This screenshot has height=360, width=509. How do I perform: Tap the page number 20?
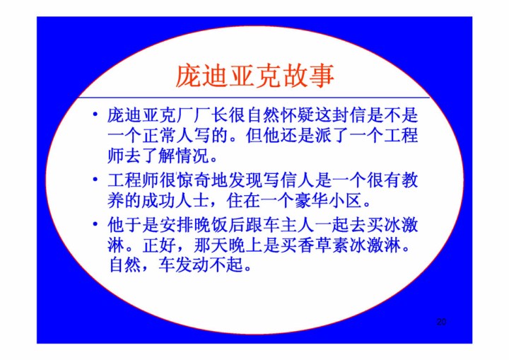coord(441,322)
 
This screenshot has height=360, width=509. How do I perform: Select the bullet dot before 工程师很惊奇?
coord(95,179)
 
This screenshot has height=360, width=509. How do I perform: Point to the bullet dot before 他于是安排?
coord(95,223)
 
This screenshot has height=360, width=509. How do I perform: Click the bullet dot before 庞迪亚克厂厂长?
coord(95,114)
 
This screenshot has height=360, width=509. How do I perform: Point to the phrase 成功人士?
coord(177,201)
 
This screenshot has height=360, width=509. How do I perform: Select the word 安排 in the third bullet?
coord(177,225)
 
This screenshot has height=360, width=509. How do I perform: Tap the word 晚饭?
coord(211,225)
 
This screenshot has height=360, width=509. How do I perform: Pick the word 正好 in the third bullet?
coord(159,245)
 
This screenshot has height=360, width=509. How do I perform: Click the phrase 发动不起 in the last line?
coord(210,265)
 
